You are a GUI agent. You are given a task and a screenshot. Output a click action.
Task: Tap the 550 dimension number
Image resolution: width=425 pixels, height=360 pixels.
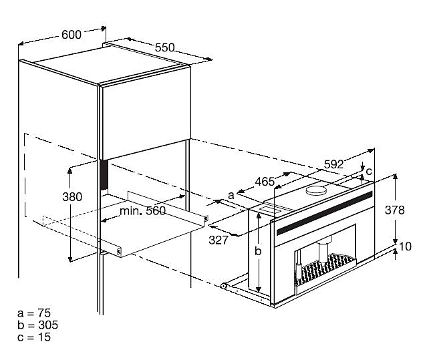164,47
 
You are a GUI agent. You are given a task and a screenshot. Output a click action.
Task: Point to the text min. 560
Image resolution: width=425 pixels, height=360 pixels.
142,210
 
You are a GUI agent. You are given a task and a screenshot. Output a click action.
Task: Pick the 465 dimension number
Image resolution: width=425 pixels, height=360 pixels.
265,181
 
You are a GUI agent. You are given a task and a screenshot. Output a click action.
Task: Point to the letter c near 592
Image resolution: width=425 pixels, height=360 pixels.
368,172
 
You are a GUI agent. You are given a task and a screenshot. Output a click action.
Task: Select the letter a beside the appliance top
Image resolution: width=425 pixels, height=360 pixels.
231,194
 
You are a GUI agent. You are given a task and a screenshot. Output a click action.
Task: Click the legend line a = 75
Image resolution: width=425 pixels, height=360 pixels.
35,313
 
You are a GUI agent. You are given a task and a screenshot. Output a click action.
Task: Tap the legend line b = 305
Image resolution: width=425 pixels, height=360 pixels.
37,325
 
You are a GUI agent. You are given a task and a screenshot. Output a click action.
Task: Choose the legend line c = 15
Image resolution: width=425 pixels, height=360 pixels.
35,337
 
